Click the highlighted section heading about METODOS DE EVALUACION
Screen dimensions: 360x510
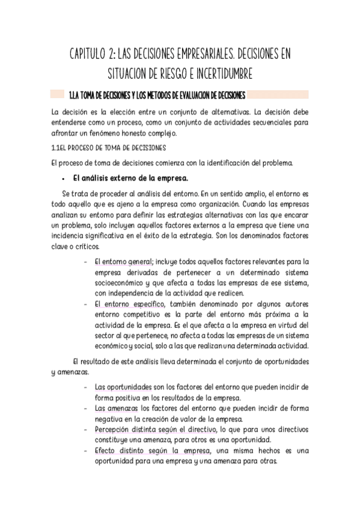(x=157, y=95)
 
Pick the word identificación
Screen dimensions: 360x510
(x=226, y=162)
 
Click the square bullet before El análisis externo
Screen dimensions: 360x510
(x=63, y=179)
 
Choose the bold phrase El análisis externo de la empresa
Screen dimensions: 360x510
(x=129, y=178)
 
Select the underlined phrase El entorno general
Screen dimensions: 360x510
(x=122, y=262)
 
